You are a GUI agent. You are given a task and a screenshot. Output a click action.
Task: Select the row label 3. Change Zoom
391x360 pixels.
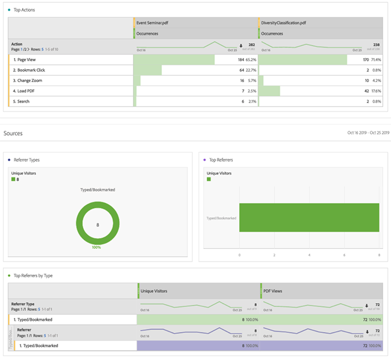(x=28, y=80)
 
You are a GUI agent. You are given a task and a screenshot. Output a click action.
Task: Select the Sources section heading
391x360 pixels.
(x=13, y=134)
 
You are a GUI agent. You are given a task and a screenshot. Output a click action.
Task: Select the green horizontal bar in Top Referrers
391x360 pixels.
(x=309, y=217)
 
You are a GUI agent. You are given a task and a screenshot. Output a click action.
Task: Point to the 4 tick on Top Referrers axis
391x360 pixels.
(x=309, y=254)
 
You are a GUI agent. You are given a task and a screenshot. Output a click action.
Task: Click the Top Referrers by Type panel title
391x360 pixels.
(x=33, y=276)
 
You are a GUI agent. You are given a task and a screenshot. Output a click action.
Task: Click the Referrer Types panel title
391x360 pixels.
(x=26, y=160)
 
